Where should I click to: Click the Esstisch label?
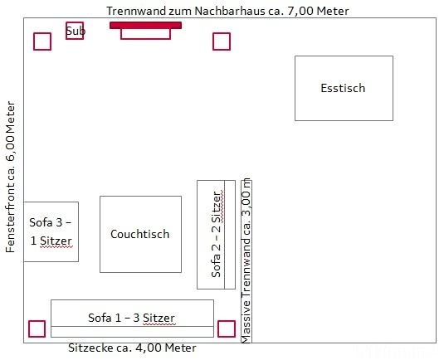[x=343, y=88]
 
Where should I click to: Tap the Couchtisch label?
[x=140, y=234]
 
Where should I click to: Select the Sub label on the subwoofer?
[x=76, y=31]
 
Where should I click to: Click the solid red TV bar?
[x=145, y=25]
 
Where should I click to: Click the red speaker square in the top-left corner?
[x=42, y=41]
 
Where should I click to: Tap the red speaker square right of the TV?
[x=222, y=41]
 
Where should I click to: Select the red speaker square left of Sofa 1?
[x=37, y=328]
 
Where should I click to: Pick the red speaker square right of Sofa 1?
[x=227, y=328]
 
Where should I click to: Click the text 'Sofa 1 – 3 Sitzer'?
[x=131, y=318]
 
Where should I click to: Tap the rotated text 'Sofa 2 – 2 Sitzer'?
[x=217, y=235]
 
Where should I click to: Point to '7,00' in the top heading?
[x=300, y=12]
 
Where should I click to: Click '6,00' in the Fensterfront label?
[x=10, y=148]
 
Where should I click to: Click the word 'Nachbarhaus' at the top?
[x=230, y=11]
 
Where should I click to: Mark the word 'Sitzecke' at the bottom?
[x=90, y=348]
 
